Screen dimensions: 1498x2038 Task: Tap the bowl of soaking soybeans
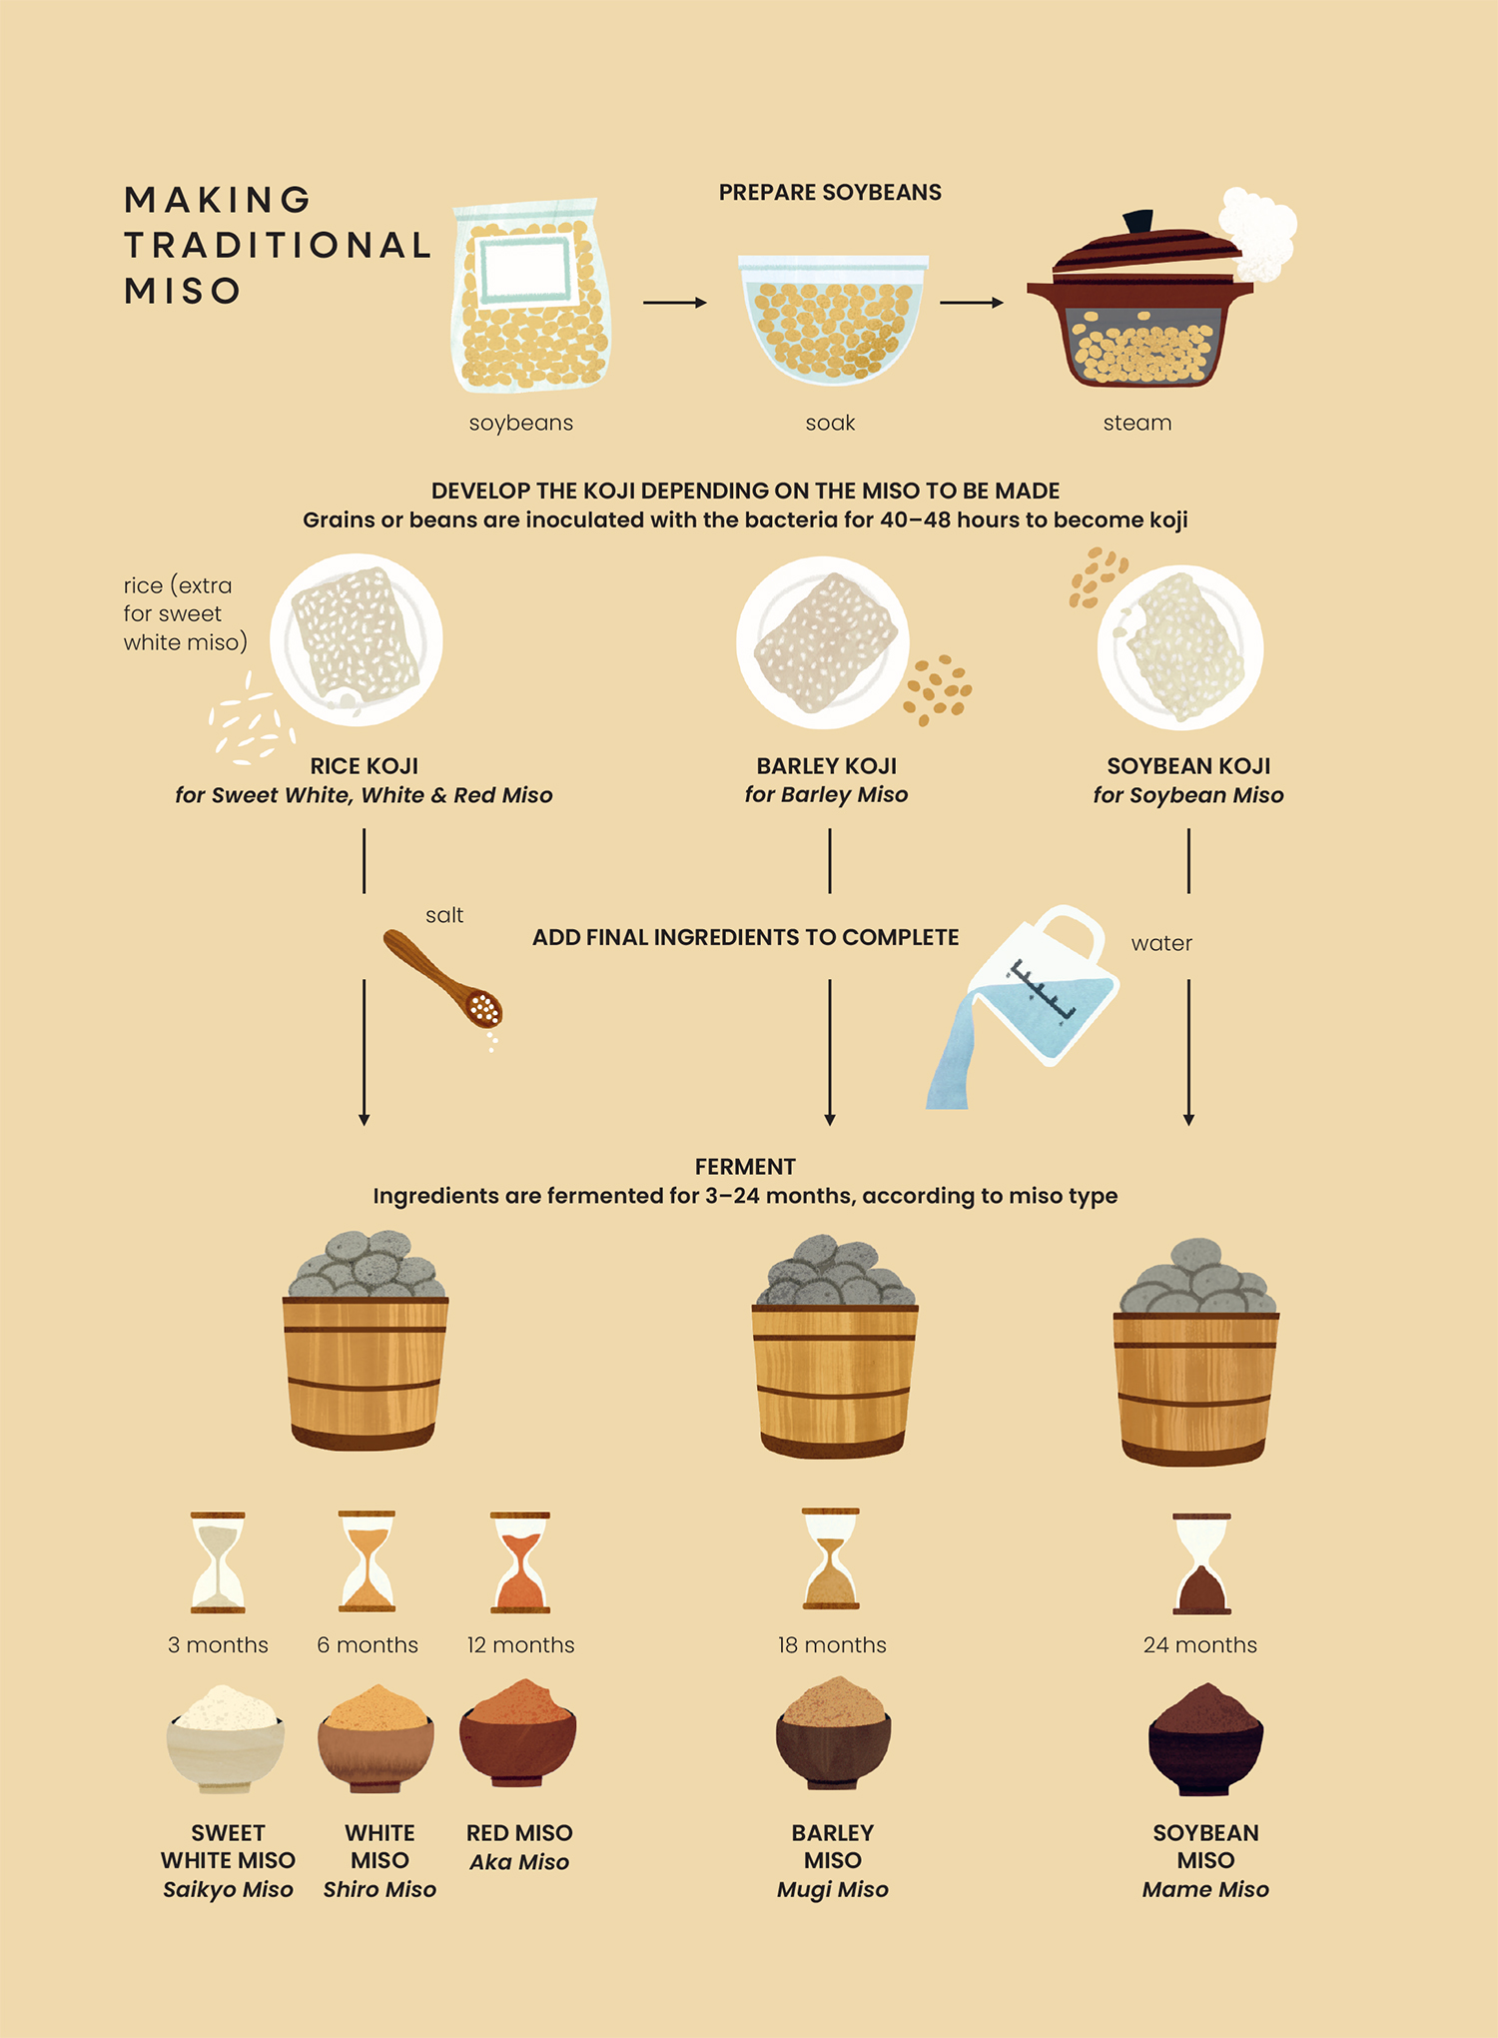coord(832,320)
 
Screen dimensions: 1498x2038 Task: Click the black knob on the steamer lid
coord(1138,221)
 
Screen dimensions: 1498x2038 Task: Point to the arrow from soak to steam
coord(972,302)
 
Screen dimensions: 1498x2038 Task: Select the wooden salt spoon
coord(442,977)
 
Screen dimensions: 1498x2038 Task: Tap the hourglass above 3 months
coord(218,1562)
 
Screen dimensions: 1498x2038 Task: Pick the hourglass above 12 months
coord(520,1562)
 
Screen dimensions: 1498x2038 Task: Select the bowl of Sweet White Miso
coord(226,1738)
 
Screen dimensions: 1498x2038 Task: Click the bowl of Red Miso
coord(517,1733)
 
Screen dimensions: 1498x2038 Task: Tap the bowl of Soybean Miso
coord(1205,1739)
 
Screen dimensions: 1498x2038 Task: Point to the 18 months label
coord(832,1644)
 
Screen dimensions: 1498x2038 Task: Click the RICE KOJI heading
coord(364,766)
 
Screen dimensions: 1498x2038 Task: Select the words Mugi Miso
coord(833,1889)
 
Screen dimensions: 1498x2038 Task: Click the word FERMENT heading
coord(745,1167)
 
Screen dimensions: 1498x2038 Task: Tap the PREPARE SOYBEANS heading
coord(830,192)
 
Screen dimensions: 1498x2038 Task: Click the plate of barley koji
coord(823,642)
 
